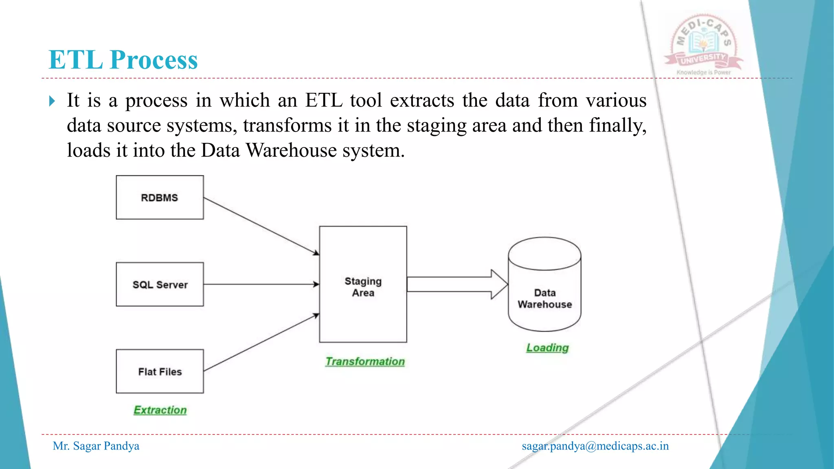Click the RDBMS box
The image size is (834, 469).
(x=160, y=197)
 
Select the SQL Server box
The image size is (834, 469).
(x=160, y=284)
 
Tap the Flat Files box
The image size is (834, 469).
(x=160, y=371)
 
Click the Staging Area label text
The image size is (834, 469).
(x=363, y=287)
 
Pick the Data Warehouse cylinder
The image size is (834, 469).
(x=544, y=285)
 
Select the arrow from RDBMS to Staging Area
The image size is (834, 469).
(x=261, y=226)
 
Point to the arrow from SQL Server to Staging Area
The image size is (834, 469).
(x=261, y=284)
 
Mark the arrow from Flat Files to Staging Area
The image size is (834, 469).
(x=261, y=343)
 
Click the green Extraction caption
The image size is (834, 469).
(x=160, y=410)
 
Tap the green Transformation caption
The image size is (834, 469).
(x=365, y=362)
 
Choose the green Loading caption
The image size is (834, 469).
(x=547, y=348)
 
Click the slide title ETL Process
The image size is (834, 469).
(x=123, y=59)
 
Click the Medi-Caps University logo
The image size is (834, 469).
(x=704, y=44)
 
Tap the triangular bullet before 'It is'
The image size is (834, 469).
(x=52, y=101)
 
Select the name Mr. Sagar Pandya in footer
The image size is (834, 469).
(x=96, y=446)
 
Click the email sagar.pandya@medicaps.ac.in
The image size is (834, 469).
(x=595, y=446)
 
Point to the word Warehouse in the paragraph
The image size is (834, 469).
(x=292, y=150)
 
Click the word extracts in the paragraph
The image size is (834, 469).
(x=422, y=100)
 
